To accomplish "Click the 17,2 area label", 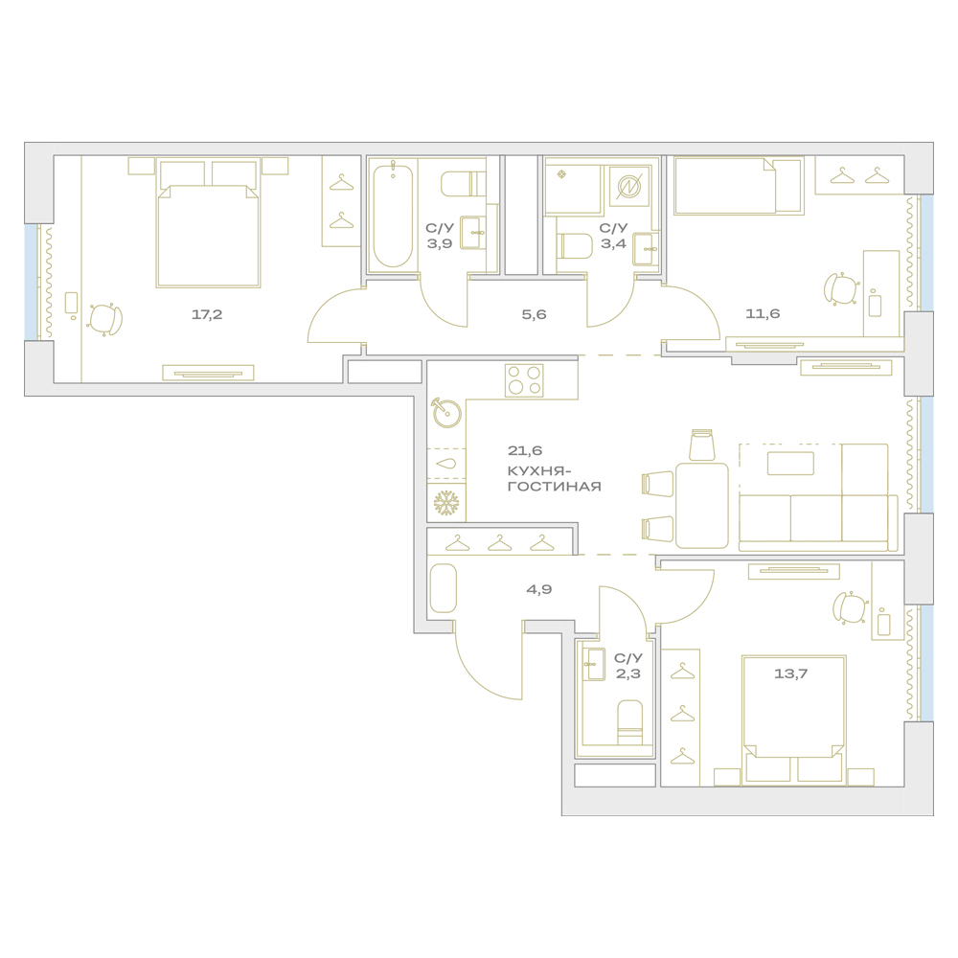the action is coord(207,314).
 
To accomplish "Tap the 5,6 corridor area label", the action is coord(534,314).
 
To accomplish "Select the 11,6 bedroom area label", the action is coord(763,313).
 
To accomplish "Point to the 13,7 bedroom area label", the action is coord(790,673).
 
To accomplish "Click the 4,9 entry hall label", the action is coord(538,589).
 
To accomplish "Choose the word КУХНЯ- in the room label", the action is coord(539,471).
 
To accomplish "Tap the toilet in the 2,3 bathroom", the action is coord(630,722).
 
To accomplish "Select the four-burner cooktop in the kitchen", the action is coord(524,380).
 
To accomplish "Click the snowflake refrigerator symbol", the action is coord(446,503).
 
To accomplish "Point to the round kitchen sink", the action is coord(446,412).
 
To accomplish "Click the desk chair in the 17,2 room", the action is coord(105,319).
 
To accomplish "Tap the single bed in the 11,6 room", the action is coord(738,186).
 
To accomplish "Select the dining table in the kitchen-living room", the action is coord(702,505).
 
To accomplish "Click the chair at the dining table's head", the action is coord(702,445).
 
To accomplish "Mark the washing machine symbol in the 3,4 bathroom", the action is coord(628,186).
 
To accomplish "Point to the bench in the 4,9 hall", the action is coord(443,588).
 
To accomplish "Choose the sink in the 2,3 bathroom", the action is coord(593,664).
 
